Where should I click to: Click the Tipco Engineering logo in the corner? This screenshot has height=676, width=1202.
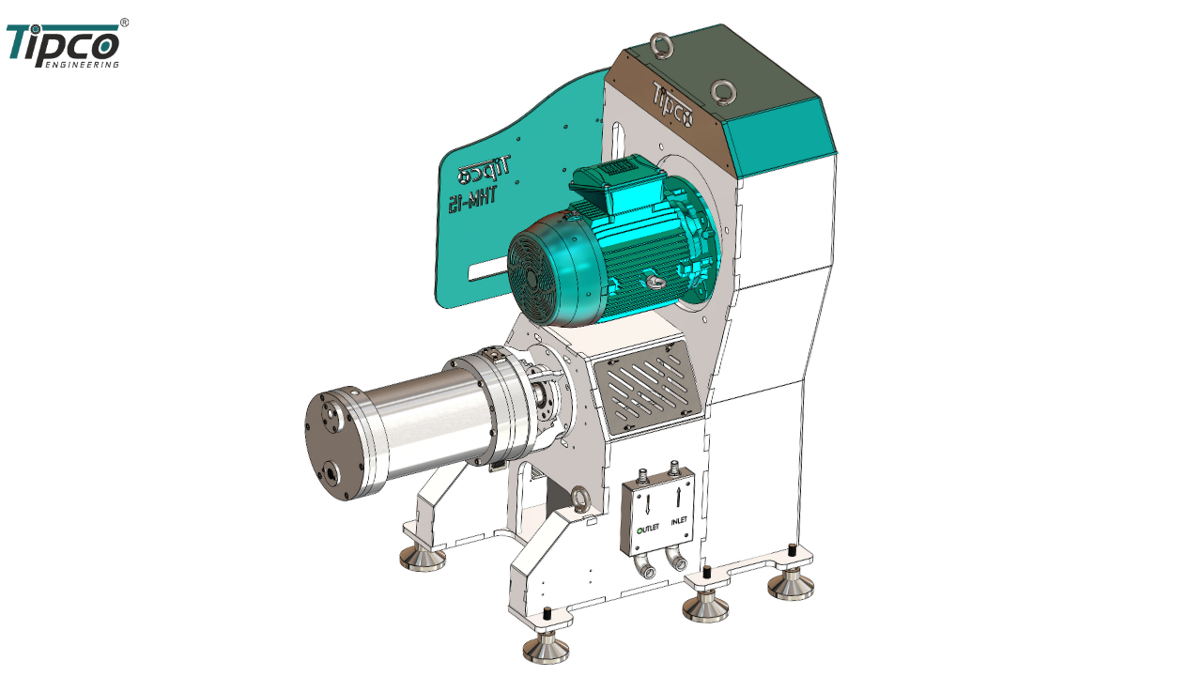[63, 45]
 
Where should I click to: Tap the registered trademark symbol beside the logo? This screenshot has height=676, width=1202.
[125, 23]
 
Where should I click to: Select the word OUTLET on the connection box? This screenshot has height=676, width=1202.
[649, 528]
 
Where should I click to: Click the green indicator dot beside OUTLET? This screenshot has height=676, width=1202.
[640, 530]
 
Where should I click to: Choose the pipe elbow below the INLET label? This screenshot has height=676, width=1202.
[674, 561]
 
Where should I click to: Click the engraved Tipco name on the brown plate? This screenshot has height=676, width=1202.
[673, 105]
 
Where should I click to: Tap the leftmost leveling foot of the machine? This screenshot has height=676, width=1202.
[423, 558]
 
